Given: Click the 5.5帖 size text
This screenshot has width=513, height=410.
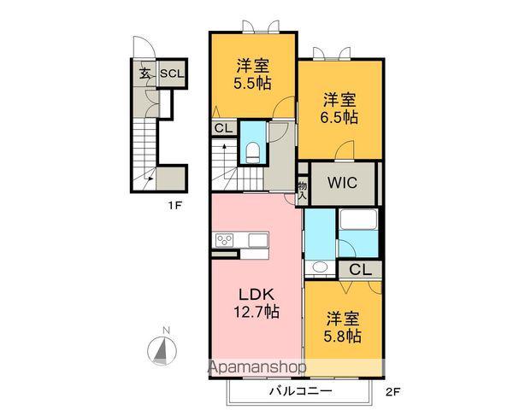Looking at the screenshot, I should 253,83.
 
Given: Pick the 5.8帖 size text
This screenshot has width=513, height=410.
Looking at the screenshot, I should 342,335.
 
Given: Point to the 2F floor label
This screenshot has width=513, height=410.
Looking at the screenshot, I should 392,394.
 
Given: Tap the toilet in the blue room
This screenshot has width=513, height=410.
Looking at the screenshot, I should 253,151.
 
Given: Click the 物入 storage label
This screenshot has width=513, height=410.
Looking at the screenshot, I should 303,189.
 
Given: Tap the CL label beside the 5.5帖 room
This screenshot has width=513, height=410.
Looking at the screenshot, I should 222,127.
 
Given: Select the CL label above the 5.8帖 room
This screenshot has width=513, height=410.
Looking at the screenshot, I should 360,269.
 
